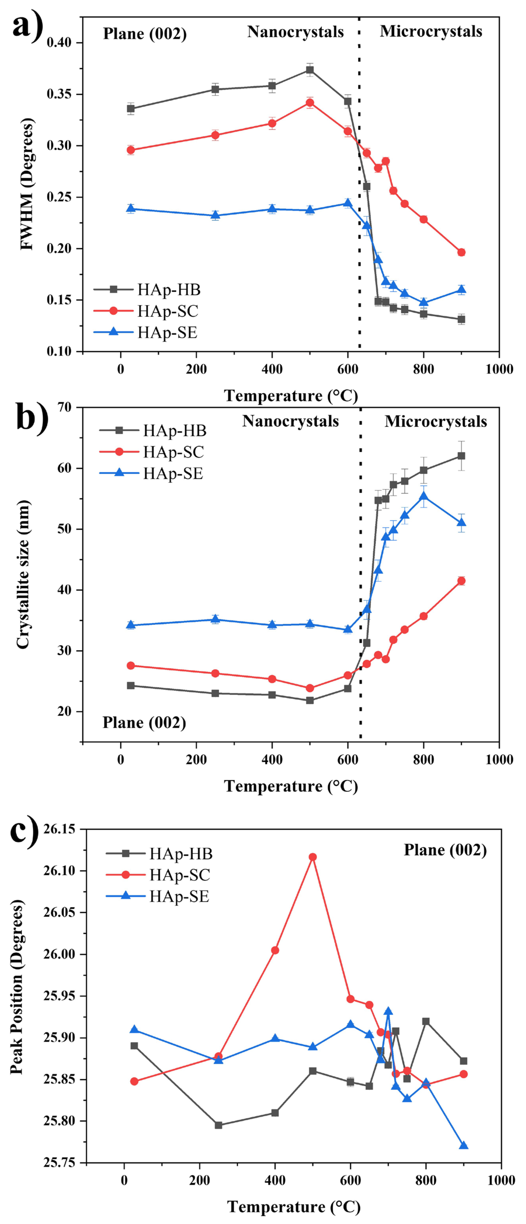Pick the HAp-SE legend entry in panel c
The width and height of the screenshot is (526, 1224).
[x=179, y=896]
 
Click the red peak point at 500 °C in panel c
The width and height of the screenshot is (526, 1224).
[x=313, y=857]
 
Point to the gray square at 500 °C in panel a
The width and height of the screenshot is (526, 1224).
[x=310, y=70]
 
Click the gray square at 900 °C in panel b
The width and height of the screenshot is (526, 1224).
[x=461, y=456]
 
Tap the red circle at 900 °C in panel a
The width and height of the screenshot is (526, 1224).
[x=461, y=252]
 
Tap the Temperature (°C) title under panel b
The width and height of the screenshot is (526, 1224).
[x=291, y=786]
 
